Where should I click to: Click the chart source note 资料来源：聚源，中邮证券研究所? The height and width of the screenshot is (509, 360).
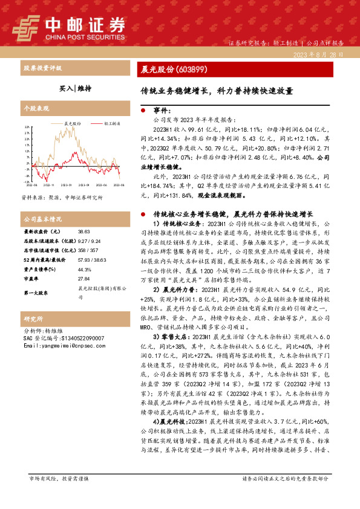click(62, 198)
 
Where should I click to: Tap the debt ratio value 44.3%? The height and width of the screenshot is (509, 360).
click(84, 270)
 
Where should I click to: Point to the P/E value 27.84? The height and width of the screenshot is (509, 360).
click(83, 279)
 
